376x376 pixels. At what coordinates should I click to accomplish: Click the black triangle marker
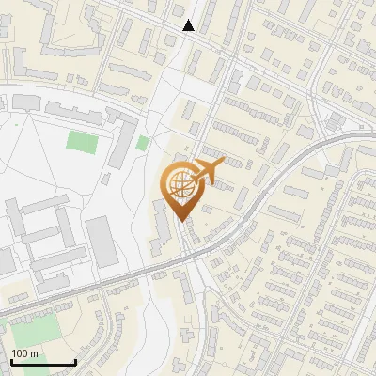(x=189, y=25)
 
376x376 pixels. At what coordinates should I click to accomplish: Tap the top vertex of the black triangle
(x=189, y=20)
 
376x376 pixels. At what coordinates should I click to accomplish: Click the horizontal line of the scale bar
(x=43, y=362)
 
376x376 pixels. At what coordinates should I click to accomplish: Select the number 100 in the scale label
(x=20, y=352)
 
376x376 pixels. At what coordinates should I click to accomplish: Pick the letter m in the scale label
(x=34, y=353)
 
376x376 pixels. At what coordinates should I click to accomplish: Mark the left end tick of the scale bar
(x=11, y=360)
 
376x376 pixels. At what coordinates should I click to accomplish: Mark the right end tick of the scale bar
(x=75, y=360)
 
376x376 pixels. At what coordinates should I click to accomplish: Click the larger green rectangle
(x=82, y=143)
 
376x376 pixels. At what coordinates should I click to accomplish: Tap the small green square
(x=143, y=143)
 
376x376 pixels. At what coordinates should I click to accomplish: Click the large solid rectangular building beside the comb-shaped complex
(x=102, y=241)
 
